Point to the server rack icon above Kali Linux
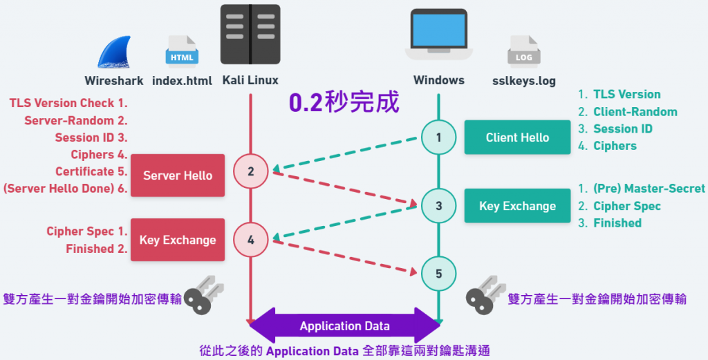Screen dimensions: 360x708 (250, 35)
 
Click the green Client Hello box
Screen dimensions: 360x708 (517, 137)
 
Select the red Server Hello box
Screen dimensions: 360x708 (178, 176)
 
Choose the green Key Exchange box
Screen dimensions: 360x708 (517, 205)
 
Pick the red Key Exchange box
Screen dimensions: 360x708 (178, 240)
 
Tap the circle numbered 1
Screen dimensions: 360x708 (438, 137)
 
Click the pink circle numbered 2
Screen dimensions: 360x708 (250, 171)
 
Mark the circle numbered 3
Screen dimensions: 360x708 (438, 205)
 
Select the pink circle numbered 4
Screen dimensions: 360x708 (250, 240)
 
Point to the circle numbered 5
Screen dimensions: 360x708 (438, 274)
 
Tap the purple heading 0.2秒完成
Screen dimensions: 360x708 (344, 103)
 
